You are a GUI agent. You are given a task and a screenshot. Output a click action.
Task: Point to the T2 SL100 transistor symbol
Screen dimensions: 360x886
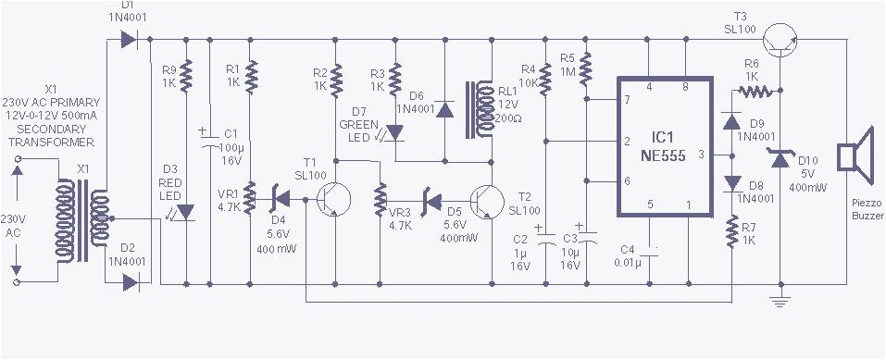click(x=484, y=199)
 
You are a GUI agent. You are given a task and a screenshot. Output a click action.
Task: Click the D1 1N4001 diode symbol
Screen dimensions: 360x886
click(x=128, y=40)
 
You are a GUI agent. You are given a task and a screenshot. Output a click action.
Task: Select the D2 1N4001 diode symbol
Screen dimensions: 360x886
click(x=128, y=280)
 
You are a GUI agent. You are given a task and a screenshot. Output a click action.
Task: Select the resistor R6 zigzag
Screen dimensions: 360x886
click(x=756, y=91)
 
